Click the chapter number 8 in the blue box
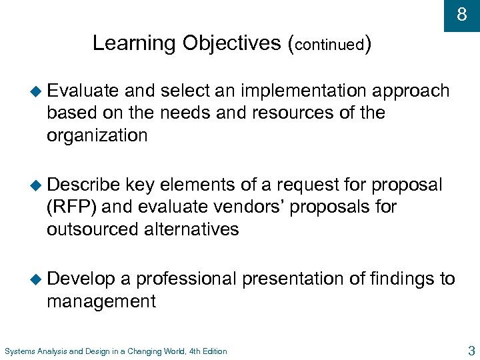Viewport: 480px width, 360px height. [462, 14]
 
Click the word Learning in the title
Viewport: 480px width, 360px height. [134, 43]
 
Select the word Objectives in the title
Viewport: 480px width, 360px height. [233, 43]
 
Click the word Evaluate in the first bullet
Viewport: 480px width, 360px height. [83, 91]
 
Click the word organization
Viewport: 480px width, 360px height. [97, 136]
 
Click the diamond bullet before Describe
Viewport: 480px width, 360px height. [36, 185]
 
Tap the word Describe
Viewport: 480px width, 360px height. [83, 184]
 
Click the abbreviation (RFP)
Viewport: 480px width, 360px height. [72, 207]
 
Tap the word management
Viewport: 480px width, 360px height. [101, 301]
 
